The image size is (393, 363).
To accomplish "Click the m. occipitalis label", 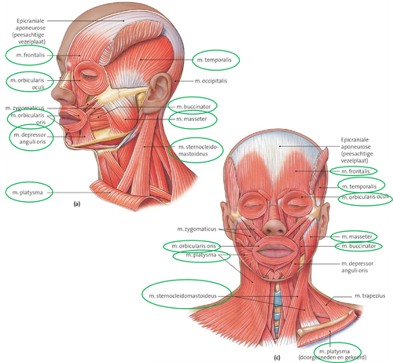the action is tap(211, 81).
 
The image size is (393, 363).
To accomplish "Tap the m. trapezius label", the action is tap(370, 296).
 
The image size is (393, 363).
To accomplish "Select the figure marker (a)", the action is tap(77, 203).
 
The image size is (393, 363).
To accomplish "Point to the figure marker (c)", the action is tap(277, 357).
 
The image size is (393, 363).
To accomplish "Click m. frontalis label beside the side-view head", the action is tap(31, 55).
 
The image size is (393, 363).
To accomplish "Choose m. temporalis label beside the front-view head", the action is tap(359, 187).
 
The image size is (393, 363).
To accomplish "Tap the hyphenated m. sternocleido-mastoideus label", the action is tap(198, 151).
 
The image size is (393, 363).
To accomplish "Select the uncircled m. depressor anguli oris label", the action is tap(357, 267).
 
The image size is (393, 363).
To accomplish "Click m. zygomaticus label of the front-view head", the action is tap(196, 229).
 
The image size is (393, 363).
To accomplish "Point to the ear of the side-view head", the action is tap(156, 93).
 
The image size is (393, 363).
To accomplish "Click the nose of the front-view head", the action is tap(274, 226).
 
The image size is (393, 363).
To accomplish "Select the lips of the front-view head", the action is tap(275, 250).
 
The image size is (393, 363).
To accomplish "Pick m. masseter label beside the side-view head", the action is tap(192, 119).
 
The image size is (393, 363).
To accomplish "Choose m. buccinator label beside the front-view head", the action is tap(358, 246).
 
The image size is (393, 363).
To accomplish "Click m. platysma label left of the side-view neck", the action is tap(28, 192).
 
